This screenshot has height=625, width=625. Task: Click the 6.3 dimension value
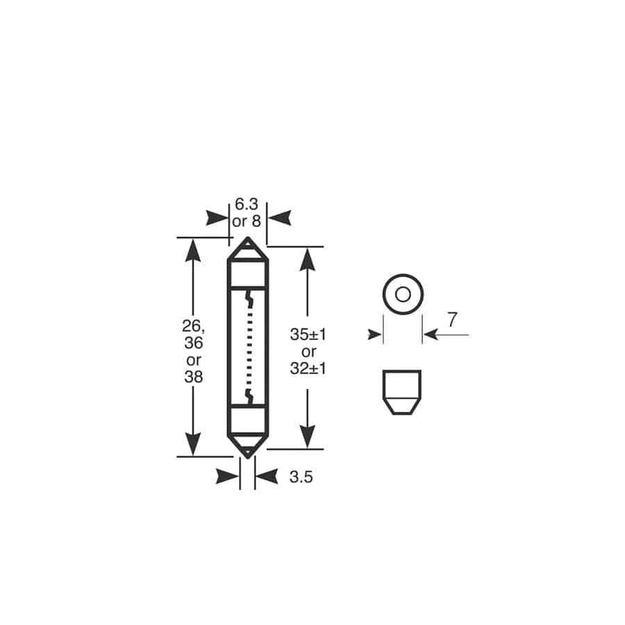[x=247, y=204]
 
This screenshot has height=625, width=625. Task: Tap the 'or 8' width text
[x=247, y=222]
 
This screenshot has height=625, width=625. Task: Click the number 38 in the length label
[x=193, y=377]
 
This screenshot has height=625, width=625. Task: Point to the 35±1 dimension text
[x=308, y=334]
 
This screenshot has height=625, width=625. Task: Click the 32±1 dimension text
[x=308, y=369]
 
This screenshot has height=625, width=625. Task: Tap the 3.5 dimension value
[x=300, y=477]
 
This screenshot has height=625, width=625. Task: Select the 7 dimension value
[x=452, y=320]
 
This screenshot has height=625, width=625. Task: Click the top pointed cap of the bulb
[x=247, y=250]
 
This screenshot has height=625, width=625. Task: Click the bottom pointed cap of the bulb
[x=247, y=445]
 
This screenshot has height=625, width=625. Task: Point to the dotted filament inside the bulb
[x=248, y=347]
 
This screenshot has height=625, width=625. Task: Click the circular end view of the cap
[x=403, y=294]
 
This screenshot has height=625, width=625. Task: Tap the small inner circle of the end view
[x=403, y=294]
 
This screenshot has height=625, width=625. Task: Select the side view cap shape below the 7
[x=402, y=392]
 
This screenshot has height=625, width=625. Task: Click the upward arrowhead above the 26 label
[x=193, y=250]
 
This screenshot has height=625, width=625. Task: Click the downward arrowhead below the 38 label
[x=193, y=443]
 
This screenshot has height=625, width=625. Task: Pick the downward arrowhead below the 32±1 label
[x=308, y=436]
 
